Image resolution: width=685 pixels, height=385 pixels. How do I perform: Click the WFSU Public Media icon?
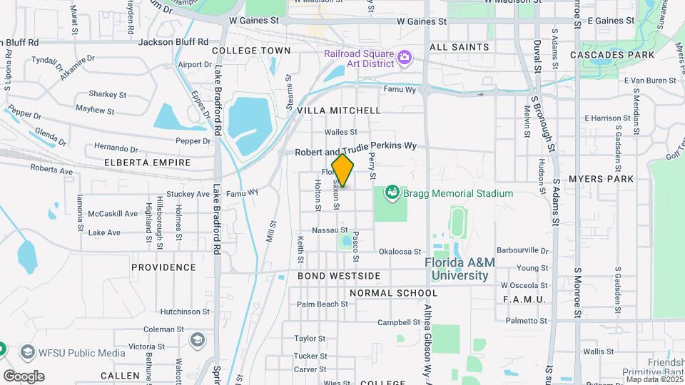tap(28, 351)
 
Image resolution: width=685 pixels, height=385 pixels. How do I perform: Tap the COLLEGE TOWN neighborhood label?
tap(251, 51)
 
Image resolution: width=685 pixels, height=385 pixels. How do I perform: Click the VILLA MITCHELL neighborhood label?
tap(339, 111)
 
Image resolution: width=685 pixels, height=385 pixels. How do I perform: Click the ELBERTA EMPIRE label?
tap(148, 163)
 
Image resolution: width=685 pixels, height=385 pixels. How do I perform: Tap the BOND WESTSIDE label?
tap(339, 275)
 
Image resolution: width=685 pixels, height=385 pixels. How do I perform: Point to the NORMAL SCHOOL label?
tap(393, 293)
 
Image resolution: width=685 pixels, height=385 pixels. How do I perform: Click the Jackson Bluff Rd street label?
tap(173, 42)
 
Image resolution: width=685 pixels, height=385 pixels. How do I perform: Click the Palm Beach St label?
tap(322, 304)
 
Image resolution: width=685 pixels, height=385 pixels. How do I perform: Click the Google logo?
tap(24, 376)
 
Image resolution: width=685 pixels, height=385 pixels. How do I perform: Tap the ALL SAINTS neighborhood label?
tap(460, 47)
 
